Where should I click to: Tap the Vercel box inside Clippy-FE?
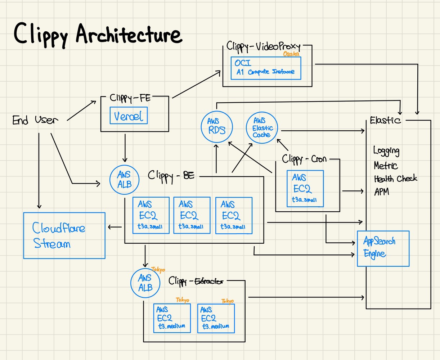click(129, 116)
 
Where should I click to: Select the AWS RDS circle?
click(217, 126)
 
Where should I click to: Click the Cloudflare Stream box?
click(64, 235)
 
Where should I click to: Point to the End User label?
click(35, 120)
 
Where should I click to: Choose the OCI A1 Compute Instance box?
click(266, 68)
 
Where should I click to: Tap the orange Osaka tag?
click(291, 54)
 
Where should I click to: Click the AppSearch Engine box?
click(383, 248)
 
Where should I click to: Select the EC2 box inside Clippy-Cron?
click(305, 189)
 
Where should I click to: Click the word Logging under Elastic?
click(386, 151)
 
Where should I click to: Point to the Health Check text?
click(395, 179)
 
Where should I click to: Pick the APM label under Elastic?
click(382, 192)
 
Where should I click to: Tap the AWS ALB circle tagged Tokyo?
click(145, 283)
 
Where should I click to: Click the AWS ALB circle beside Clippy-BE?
click(124, 179)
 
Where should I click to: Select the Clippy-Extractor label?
click(196, 281)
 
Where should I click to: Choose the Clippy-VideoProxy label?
click(263, 46)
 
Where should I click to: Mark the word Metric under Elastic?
click(386, 166)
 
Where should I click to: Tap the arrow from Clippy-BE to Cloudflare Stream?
click(115, 227)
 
